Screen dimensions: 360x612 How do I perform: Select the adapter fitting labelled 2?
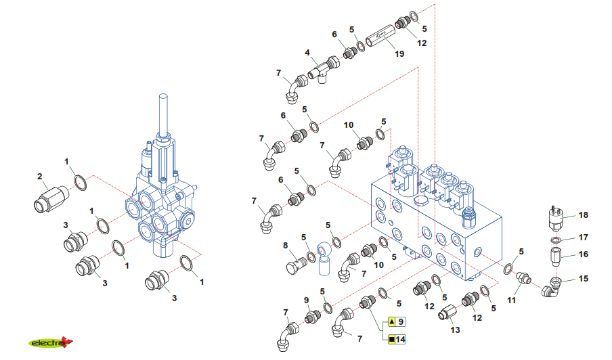(x=49, y=198)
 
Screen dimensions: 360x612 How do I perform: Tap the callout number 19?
(x=399, y=53)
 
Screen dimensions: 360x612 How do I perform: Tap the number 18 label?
(x=584, y=215)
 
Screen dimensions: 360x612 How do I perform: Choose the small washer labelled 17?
(x=554, y=240)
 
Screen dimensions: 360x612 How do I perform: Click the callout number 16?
(x=584, y=255)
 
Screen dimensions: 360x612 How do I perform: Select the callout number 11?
(x=511, y=298)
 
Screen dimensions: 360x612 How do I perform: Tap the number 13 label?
(x=455, y=330)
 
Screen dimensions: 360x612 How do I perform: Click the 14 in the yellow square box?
(x=401, y=339)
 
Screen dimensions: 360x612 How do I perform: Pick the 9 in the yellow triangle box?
(x=401, y=322)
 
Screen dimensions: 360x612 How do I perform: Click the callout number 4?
(x=307, y=52)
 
